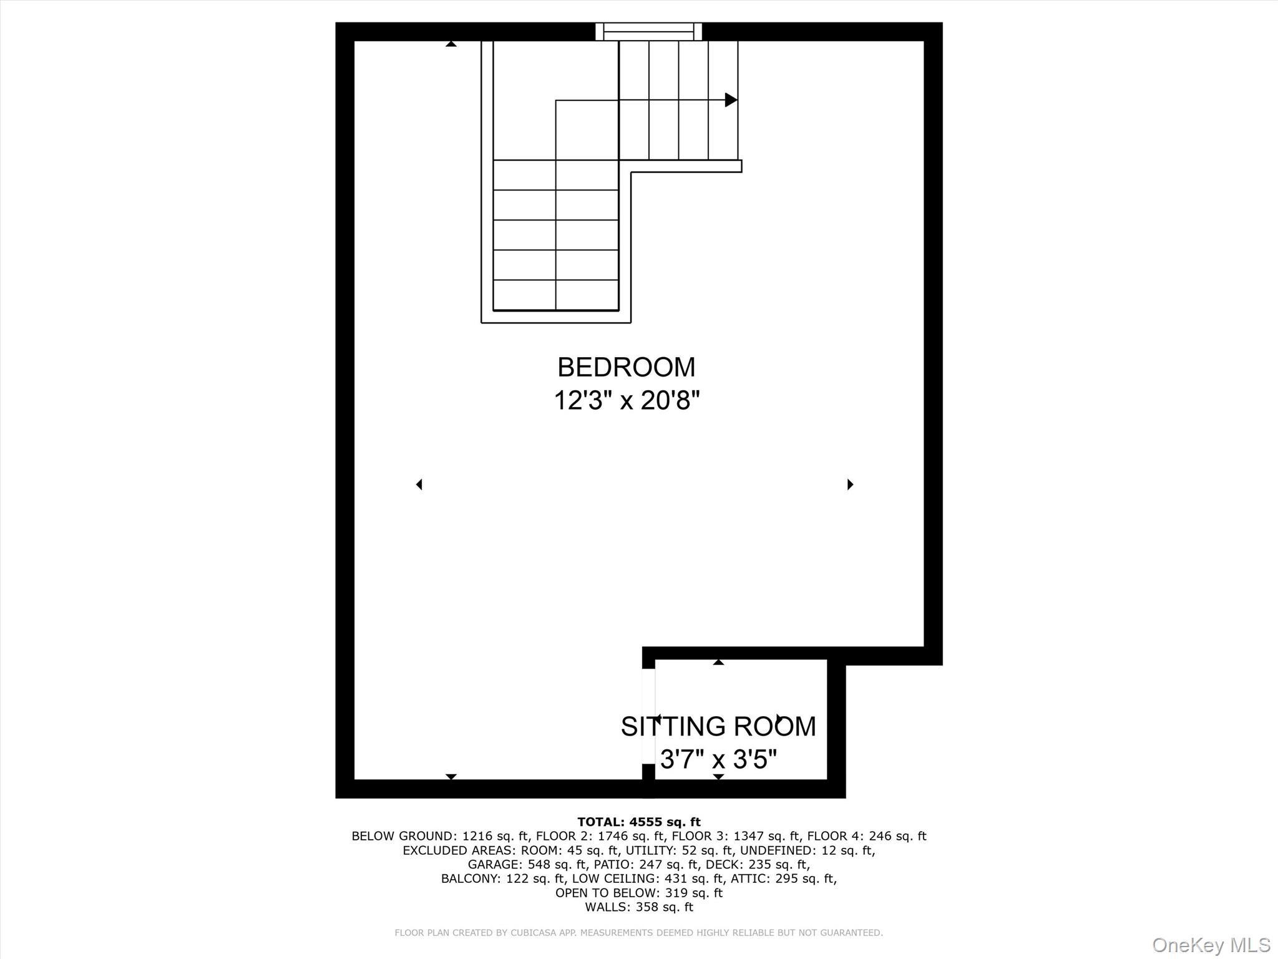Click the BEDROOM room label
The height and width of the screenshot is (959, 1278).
point(626,367)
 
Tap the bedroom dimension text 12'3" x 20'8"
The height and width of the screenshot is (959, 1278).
point(627,400)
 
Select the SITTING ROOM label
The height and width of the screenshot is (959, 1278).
point(718,726)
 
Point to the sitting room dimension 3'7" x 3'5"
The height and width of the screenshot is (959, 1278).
point(718,759)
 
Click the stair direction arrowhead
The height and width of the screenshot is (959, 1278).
point(731,100)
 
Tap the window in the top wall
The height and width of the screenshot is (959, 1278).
point(648,31)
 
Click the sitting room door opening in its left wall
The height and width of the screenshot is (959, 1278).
point(649,716)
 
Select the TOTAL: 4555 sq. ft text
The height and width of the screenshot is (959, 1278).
point(639,822)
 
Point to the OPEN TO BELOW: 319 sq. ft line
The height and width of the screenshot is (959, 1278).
point(639,893)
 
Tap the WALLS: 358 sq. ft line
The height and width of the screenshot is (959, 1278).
point(639,907)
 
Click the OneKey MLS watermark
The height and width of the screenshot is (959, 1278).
point(1211,945)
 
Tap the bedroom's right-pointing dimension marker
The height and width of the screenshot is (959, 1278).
point(850,484)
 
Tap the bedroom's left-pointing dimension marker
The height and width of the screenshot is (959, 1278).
point(419,484)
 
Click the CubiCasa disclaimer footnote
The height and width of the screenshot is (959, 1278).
point(639,933)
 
